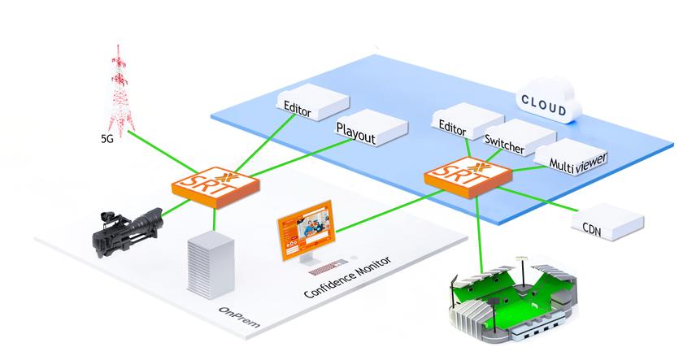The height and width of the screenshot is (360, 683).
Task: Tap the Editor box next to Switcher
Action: coord(459,122)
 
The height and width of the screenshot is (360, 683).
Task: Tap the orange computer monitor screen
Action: coord(307,238)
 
